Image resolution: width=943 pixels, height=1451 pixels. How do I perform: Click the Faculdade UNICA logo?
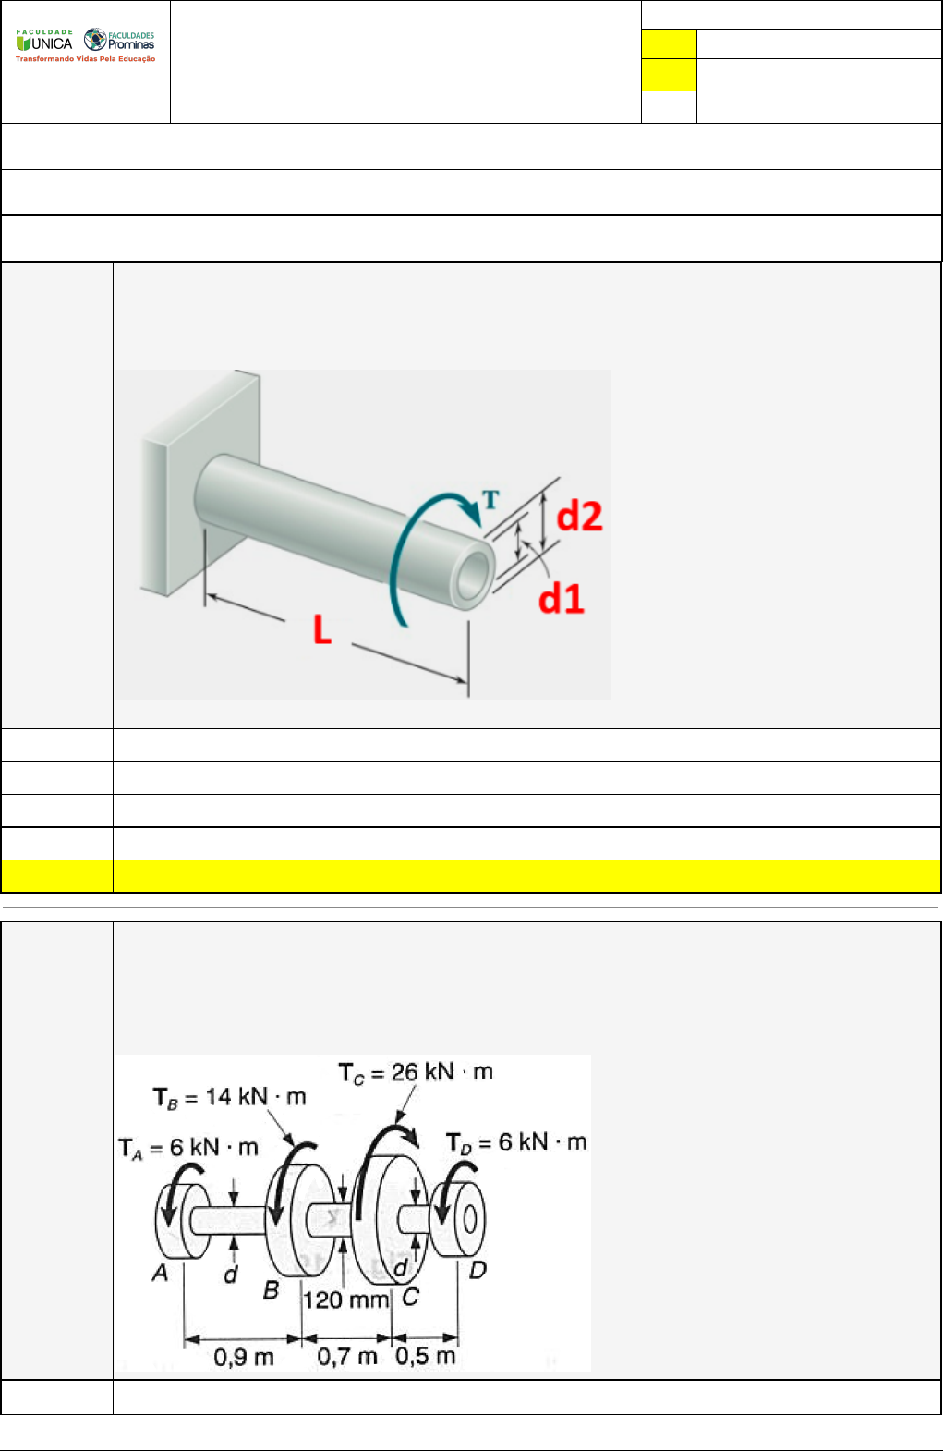coord(44,40)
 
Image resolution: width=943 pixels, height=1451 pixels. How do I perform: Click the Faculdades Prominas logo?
coord(119,40)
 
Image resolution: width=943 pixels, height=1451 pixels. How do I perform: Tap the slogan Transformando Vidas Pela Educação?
coord(85,59)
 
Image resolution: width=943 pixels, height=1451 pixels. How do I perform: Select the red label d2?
coord(579,517)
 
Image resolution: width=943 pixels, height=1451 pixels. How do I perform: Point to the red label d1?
coord(562,598)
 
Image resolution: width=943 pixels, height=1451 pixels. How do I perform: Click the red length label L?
coord(322,629)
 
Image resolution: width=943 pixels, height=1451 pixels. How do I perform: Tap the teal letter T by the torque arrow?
coord(490,499)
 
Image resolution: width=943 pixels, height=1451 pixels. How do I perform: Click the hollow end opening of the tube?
coord(474,577)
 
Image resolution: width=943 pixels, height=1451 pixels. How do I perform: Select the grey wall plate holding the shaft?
coord(200,482)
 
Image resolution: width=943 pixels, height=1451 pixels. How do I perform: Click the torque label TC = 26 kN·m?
coord(416,1073)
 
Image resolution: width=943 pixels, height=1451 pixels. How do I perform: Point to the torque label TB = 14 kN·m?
coord(229,1097)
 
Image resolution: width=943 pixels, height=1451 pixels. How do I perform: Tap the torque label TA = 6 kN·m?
coord(188,1148)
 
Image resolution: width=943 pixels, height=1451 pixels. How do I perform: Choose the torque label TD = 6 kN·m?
coord(516,1142)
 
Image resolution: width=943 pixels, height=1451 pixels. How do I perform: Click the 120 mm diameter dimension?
coord(346,1299)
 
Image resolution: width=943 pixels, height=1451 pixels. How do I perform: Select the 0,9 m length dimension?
coord(243,1357)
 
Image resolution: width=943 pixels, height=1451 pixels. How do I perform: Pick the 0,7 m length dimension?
coord(347,1357)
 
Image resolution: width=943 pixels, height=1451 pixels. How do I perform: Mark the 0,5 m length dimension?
coord(425,1356)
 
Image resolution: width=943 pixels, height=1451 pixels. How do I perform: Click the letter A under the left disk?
coord(160,1273)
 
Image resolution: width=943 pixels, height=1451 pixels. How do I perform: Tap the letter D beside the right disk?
coord(478,1270)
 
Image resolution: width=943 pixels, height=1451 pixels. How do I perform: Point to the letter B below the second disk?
coord(271,1289)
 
